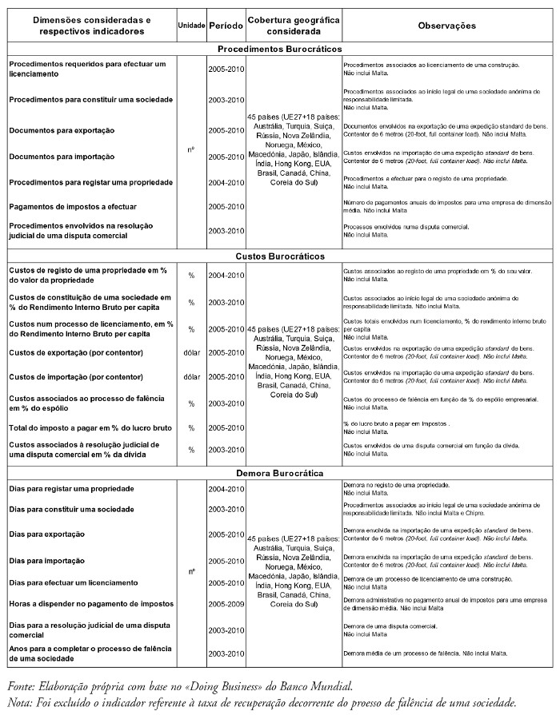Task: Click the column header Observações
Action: coord(446,26)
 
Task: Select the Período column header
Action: coord(225,26)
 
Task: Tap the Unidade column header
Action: coord(191,26)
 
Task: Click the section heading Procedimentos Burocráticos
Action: coord(279,49)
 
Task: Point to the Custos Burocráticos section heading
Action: coord(279,256)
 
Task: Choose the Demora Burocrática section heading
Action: coord(279,472)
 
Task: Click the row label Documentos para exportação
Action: coord(62,130)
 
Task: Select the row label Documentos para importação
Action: coord(62,157)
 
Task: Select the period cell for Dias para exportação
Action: coord(225,534)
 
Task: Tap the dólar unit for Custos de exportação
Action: coord(191,352)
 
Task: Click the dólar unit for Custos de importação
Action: coord(191,376)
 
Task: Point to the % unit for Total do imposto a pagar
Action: coord(191,427)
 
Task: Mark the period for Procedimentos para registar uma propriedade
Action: coord(225,183)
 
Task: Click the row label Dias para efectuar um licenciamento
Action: coord(78,582)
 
